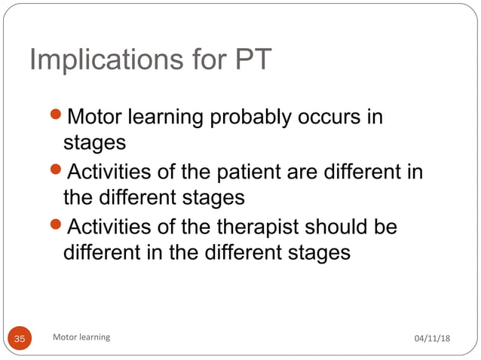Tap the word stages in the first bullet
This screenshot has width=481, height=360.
94,142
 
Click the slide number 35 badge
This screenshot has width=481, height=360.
20,339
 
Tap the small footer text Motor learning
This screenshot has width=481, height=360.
81,337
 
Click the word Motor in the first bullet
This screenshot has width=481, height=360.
94,117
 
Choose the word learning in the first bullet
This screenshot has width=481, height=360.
170,118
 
